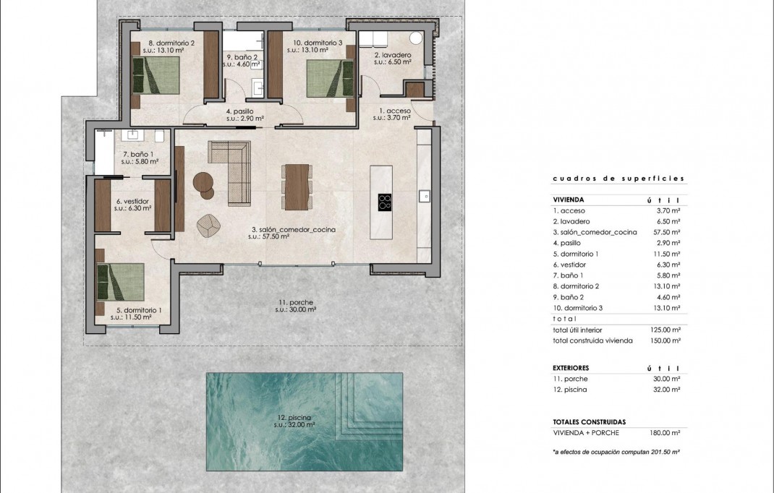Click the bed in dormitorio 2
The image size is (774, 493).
(x=155, y=76)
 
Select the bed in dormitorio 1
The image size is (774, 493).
(x=121, y=282)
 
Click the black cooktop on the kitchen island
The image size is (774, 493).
(x=385, y=201)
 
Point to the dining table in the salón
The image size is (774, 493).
(x=297, y=186)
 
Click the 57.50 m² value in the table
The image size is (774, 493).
(x=665, y=232)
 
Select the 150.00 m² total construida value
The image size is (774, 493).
(x=665, y=340)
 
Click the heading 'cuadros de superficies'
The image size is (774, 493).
(x=618, y=179)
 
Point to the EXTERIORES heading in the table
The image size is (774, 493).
(x=571, y=368)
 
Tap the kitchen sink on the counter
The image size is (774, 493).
(x=424, y=196)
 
